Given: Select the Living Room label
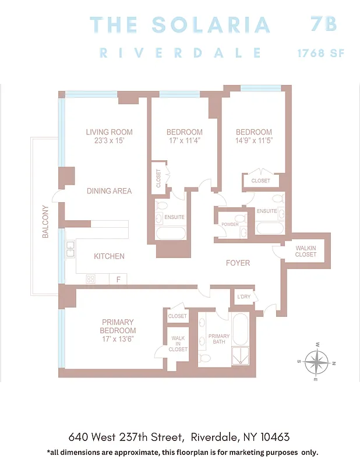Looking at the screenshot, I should (x=109, y=132).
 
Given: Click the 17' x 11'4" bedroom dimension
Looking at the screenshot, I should (x=184, y=140).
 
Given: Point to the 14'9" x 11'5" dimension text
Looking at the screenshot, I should (x=253, y=140).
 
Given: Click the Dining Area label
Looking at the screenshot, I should (x=109, y=191).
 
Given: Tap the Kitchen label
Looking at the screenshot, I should (x=109, y=256).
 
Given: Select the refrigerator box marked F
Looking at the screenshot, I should (x=118, y=280).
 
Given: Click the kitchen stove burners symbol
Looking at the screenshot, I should (x=91, y=279).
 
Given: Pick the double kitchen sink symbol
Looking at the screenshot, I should (x=70, y=249).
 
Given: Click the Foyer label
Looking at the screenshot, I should (x=238, y=263).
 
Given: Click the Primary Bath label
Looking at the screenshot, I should (x=219, y=339).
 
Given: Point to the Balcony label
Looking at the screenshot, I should (x=45, y=222).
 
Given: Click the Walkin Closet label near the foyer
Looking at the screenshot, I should (x=306, y=251).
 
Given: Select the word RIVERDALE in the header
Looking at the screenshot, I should (x=180, y=52).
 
